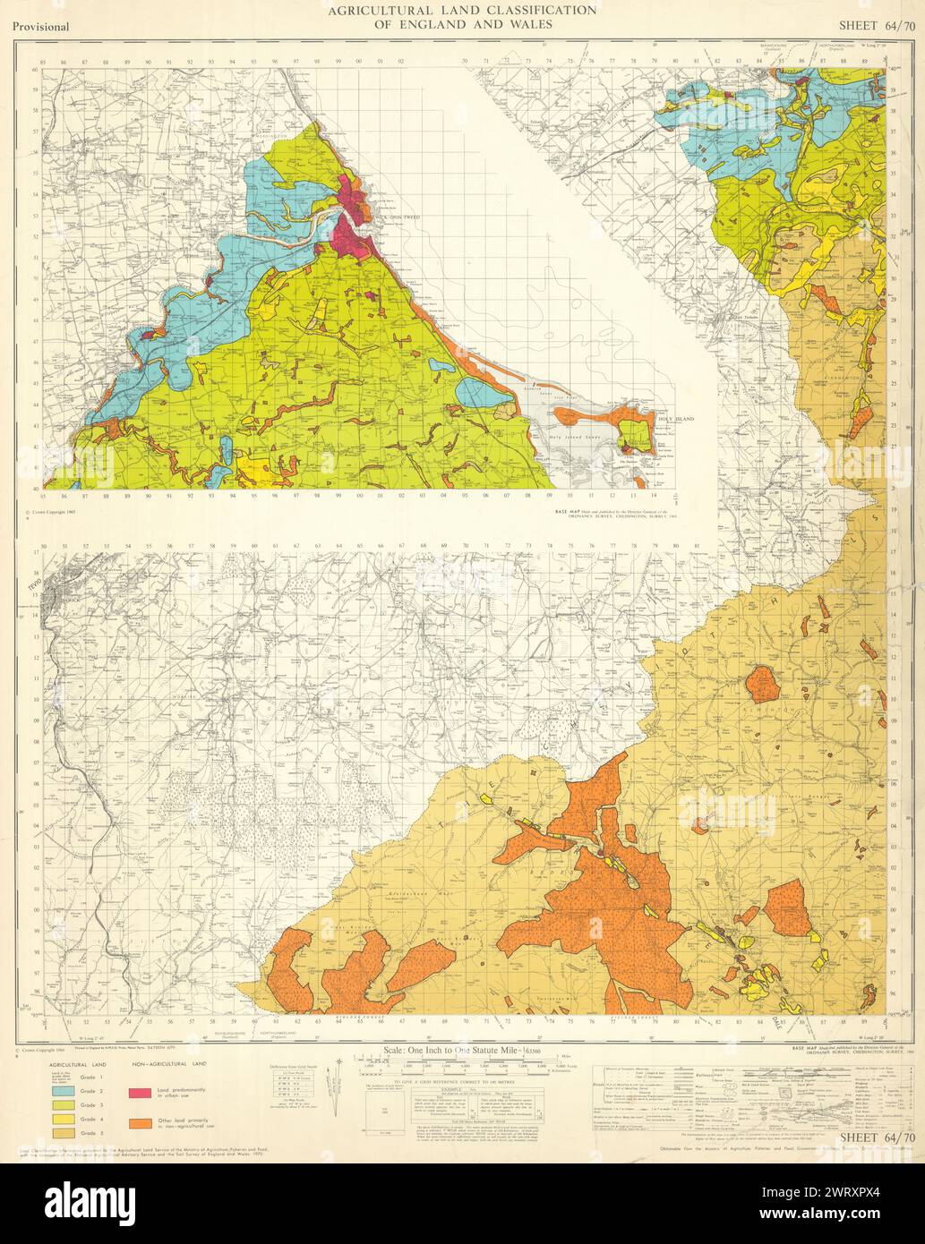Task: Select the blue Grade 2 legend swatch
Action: pyautogui.click(x=63, y=1090)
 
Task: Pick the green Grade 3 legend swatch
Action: pyautogui.click(x=63, y=1105)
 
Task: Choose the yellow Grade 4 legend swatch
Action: pyautogui.click(x=63, y=1120)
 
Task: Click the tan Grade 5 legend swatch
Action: pyautogui.click(x=63, y=1135)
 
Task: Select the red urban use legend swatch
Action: pyautogui.click(x=139, y=1093)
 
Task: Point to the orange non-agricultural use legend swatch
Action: pyautogui.click(x=139, y=1121)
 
